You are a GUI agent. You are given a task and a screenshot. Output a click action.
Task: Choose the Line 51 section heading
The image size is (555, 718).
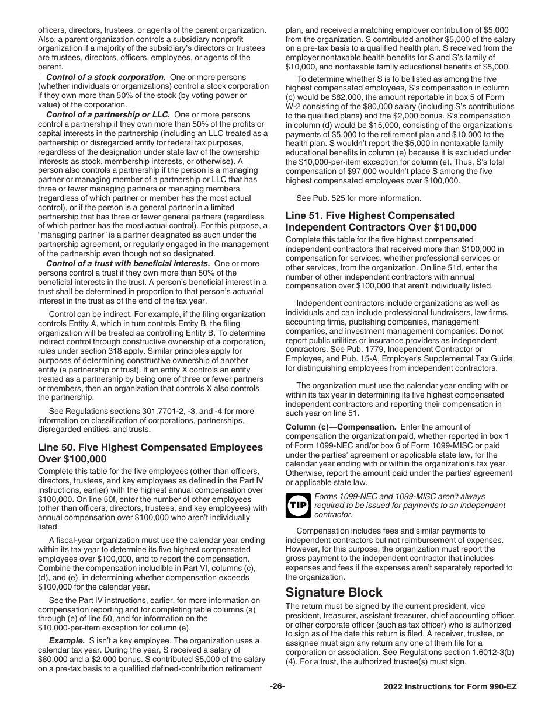pos(381,221)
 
